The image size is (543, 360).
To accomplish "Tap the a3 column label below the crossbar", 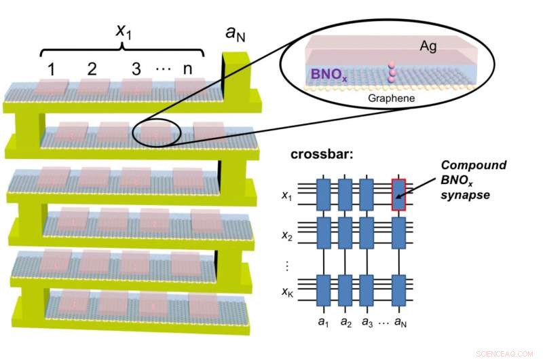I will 367,317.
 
